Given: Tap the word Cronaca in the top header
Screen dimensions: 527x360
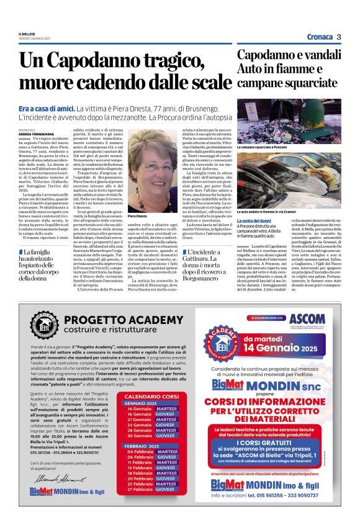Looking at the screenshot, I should click(x=319, y=37).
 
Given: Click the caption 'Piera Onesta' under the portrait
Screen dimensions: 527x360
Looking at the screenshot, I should click(x=137, y=216).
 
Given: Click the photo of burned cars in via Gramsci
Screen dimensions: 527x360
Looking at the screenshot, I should click(x=289, y=180).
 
